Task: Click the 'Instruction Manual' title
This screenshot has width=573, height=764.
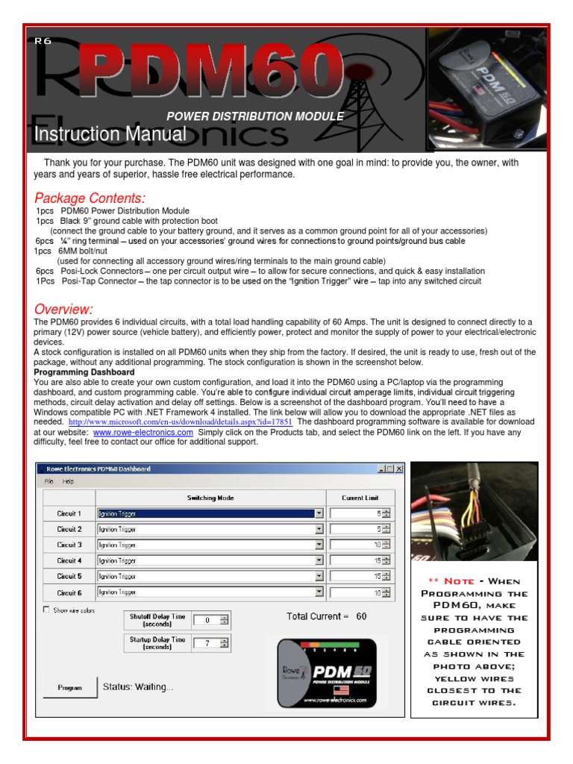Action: pos(110,134)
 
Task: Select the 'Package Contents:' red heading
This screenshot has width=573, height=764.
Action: pos(90,198)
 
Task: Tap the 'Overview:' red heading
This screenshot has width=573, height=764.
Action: pos(63,309)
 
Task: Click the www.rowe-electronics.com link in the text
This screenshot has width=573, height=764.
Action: pos(143,433)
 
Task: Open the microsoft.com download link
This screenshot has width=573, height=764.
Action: pos(180,422)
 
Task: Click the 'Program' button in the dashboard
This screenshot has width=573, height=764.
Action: pos(70,687)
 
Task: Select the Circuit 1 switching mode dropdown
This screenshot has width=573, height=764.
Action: pos(210,513)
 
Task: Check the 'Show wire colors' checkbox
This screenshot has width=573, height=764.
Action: pos(47,610)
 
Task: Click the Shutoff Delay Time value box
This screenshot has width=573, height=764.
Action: pos(207,620)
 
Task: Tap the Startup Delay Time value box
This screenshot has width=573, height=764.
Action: pos(207,642)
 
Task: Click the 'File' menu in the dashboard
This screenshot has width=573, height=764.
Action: pos(48,482)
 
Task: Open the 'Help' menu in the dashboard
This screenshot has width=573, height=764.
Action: pos(68,482)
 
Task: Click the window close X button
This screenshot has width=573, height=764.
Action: pos(398,469)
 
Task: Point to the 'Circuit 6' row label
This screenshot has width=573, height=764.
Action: pos(69,592)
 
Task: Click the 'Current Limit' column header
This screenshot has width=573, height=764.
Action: pos(360,498)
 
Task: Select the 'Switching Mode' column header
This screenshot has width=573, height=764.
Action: pos(210,498)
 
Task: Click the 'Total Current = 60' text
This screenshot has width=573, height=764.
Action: pos(326,616)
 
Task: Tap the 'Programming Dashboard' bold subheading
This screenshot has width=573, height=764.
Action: pos(84,372)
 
